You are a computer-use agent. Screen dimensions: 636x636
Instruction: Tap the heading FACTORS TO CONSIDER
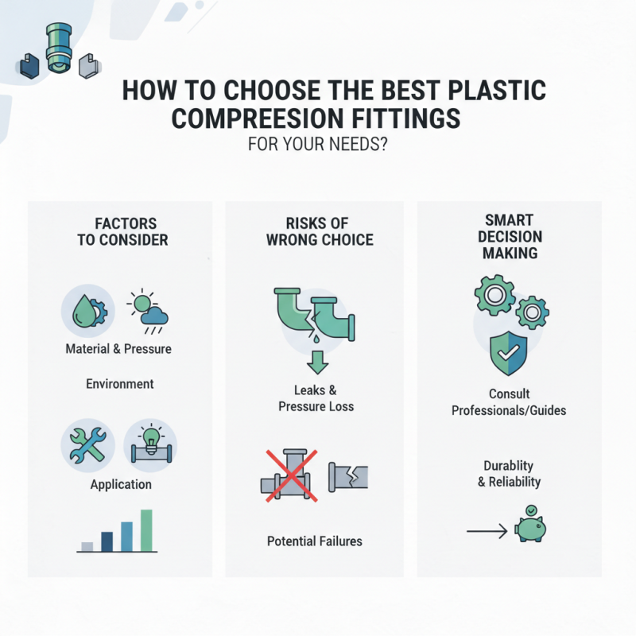122,231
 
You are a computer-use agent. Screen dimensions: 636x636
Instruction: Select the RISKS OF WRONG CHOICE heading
316,231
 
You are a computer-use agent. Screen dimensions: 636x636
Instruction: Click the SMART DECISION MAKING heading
509,236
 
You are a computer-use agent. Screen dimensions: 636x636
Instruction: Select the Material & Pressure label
118,349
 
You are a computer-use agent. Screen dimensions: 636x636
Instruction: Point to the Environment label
119,384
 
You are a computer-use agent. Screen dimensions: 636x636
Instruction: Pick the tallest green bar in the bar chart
145,529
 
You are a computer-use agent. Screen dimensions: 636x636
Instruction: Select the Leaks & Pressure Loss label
316,398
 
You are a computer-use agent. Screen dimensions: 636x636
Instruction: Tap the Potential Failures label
315,541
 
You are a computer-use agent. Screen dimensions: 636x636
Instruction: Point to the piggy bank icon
532,526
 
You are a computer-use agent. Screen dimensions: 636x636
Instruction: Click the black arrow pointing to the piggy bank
486,529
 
